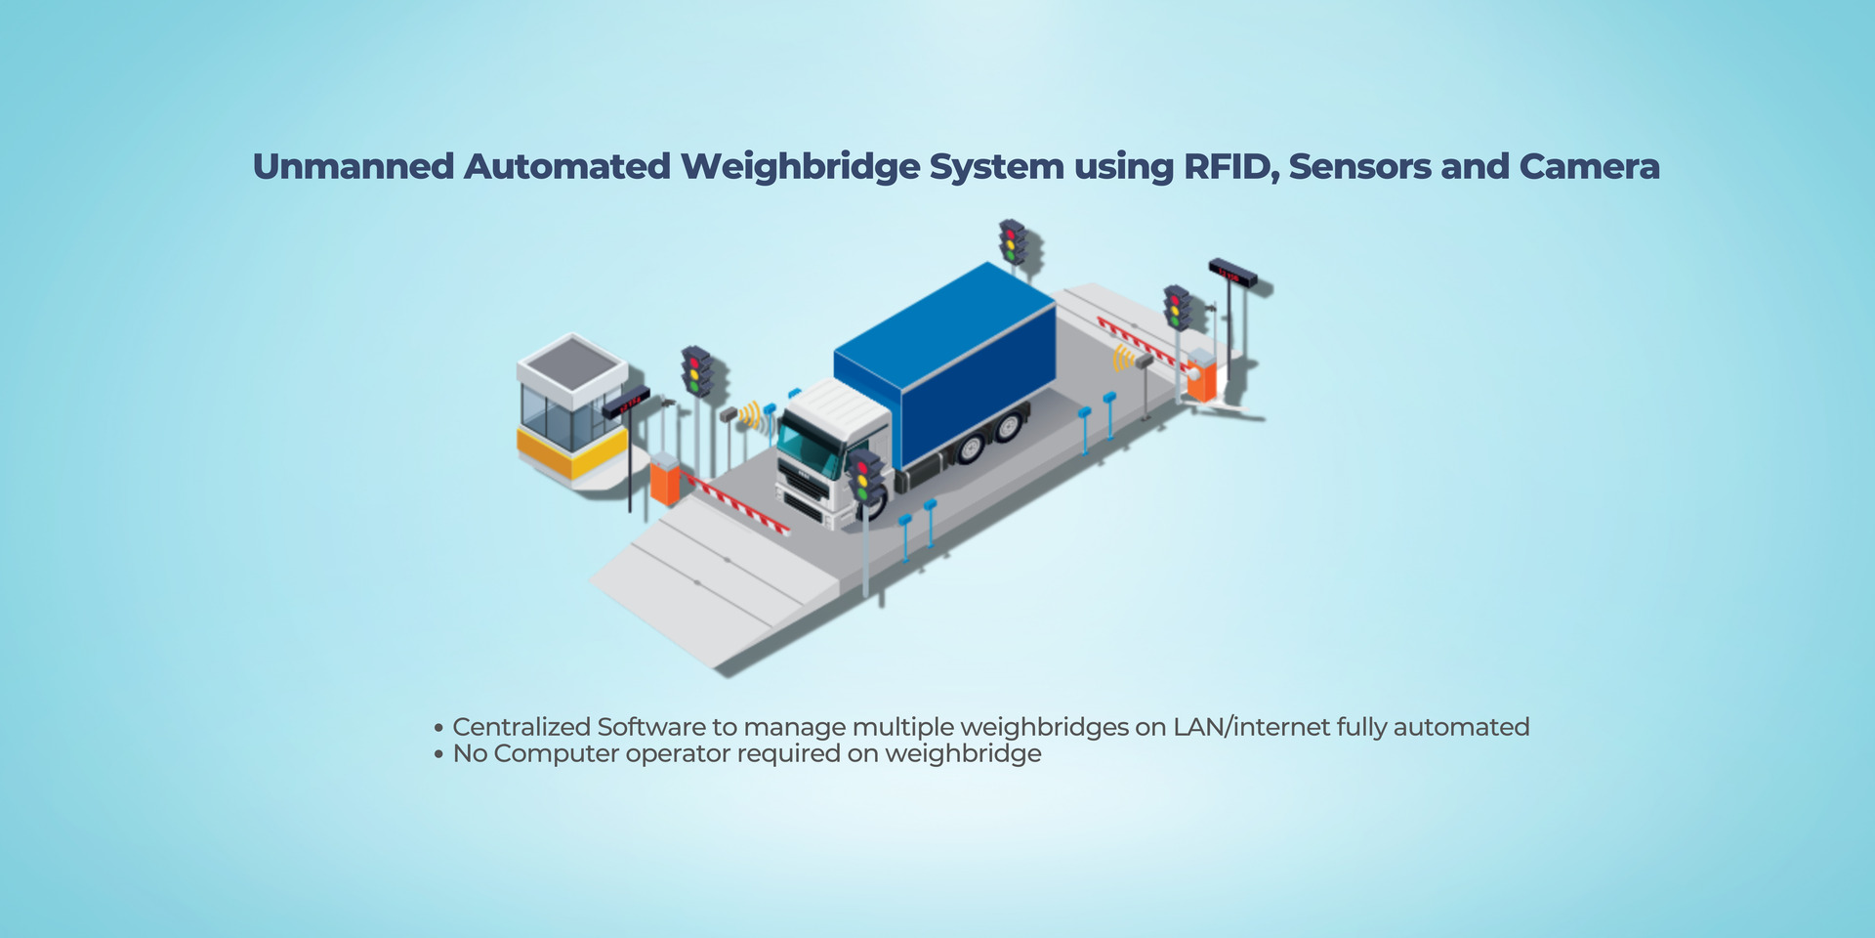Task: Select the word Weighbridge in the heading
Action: pos(800,167)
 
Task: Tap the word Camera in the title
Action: pos(1589,167)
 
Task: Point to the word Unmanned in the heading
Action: pos(354,167)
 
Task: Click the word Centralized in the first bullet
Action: pos(521,727)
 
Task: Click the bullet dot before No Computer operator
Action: pos(439,754)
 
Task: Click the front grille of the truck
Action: pos(803,498)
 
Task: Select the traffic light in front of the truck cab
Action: pos(863,475)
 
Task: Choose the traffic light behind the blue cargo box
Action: pos(1012,241)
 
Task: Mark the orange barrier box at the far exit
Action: pos(1201,377)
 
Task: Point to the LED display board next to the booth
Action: pos(626,402)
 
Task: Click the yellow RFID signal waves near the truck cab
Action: pos(750,414)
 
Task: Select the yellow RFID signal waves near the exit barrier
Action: pos(1122,360)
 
